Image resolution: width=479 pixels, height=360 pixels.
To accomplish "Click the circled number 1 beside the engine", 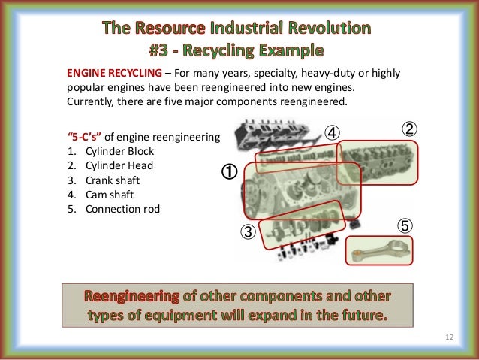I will click(x=228, y=172).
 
